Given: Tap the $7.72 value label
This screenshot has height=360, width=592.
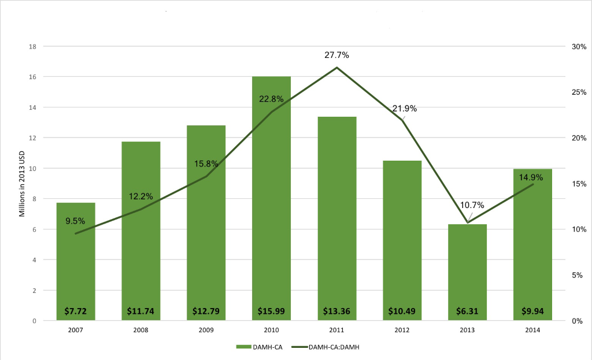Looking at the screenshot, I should pyautogui.click(x=75, y=313).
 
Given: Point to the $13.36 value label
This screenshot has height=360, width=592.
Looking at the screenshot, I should pyautogui.click(x=336, y=313).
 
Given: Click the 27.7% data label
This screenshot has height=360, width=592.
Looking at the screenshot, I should pyautogui.click(x=336, y=55).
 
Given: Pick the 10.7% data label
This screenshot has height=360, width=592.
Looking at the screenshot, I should pyautogui.click(x=472, y=205).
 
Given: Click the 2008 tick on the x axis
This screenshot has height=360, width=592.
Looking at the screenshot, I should pyautogui.click(x=140, y=330).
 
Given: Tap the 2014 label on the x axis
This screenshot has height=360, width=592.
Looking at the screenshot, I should pyautogui.click(x=532, y=330).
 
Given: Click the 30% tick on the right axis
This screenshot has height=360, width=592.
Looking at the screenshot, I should pyautogui.click(x=579, y=46).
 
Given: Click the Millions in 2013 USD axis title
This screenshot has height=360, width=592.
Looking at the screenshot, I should pyautogui.click(x=23, y=184).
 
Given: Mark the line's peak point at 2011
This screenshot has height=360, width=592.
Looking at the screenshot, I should pyautogui.click(x=336, y=68).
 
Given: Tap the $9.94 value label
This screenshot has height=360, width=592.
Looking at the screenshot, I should pyautogui.click(x=532, y=313).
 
